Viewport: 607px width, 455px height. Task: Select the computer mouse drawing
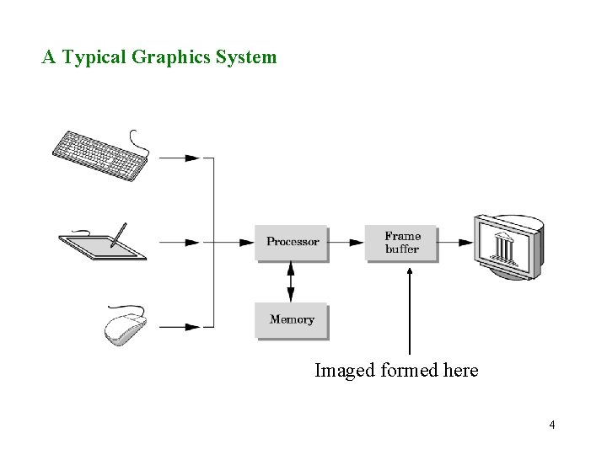tap(125, 326)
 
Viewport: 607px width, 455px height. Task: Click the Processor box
tap(292, 242)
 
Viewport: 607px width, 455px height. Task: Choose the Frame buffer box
tap(402, 243)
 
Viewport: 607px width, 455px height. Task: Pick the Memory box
tap(292, 320)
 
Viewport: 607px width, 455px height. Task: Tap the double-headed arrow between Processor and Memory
tap(291, 281)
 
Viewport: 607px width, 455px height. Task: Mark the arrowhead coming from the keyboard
tap(192, 157)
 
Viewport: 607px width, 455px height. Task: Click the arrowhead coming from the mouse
tap(192, 326)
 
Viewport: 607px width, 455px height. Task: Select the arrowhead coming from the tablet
tap(192, 242)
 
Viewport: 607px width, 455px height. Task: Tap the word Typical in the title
tap(95, 58)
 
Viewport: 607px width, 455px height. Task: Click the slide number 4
tap(552, 425)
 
